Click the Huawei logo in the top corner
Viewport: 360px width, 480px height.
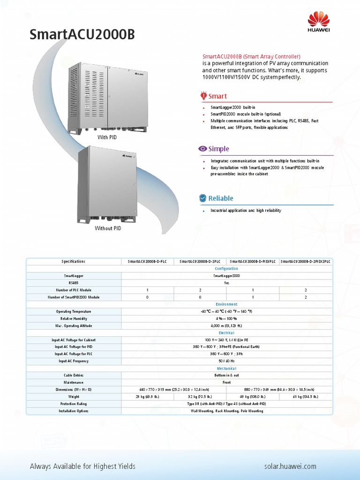click(319, 22)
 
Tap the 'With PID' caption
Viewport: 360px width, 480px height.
click(107, 137)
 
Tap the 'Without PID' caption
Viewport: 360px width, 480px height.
click(108, 228)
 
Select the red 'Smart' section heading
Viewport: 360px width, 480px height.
click(217, 96)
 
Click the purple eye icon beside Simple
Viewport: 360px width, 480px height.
click(202, 149)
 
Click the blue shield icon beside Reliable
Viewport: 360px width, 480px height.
click(202, 198)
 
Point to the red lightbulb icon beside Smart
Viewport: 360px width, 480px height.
click(203, 96)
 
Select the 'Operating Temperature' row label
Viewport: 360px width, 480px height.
click(74, 311)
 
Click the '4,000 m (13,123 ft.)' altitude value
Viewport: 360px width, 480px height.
click(226, 325)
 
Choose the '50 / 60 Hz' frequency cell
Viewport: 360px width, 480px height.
click(226, 361)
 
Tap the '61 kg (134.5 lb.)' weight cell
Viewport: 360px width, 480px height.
click(306, 397)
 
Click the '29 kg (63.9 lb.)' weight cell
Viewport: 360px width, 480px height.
click(147, 397)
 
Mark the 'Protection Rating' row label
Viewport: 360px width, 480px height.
click(74, 404)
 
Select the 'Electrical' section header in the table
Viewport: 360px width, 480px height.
click(226, 332)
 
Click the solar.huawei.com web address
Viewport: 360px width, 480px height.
click(291, 466)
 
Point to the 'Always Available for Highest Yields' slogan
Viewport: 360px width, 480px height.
click(82, 466)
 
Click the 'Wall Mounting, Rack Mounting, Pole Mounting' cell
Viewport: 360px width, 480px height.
click(226, 411)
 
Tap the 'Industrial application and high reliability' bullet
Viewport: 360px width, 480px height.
click(246, 211)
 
